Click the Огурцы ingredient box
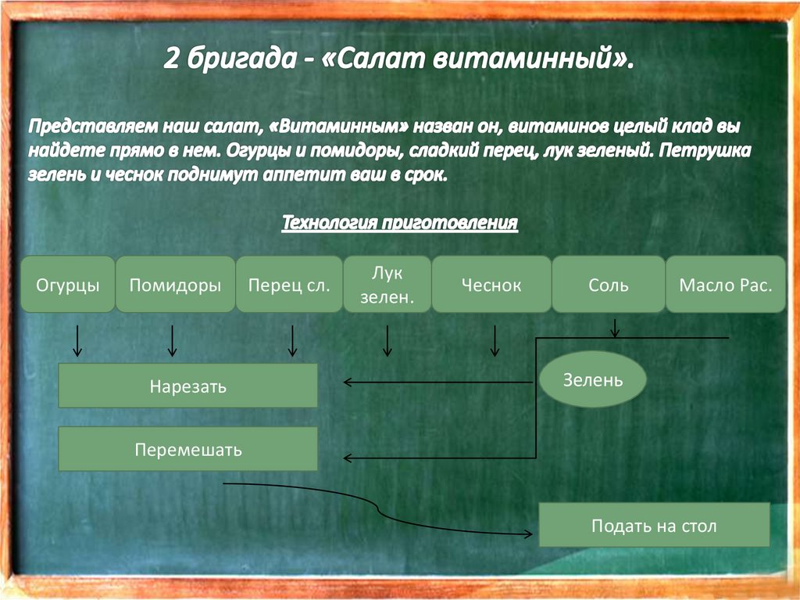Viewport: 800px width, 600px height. pos(68,285)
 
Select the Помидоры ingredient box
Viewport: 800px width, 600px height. pos(175,285)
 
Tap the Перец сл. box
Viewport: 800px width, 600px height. pos(289,285)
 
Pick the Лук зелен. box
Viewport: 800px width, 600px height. pos(387,284)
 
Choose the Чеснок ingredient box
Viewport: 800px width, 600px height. pos(491,285)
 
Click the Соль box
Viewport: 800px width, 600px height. pos(608,285)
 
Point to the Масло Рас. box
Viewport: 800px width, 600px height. pos(726,285)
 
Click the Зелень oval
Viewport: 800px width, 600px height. pos(593,380)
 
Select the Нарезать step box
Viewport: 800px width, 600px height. pos(188,386)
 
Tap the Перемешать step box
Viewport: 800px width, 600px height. pos(188,449)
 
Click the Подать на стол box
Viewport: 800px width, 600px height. pos(654,525)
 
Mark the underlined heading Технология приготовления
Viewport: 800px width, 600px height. pos(400,224)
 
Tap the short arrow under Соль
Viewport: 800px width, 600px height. pos(616,329)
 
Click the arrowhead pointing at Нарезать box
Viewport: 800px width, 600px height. pos(348,382)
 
